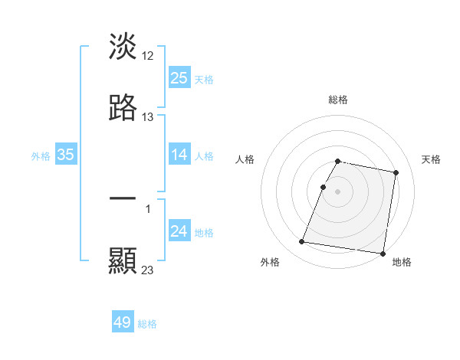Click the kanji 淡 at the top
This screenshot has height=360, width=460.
pos(123,46)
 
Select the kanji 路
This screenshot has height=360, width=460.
pos(123,108)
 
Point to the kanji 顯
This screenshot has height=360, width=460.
pos(123,261)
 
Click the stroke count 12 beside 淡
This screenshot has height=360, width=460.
pos(149,55)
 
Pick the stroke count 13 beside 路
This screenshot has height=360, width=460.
pos(148,117)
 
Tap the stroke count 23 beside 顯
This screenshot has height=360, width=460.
pos(148,270)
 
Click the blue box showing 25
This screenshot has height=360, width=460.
pos(179,78)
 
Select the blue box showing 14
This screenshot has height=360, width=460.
pos(179,155)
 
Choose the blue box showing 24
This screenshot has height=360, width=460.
pos(179,231)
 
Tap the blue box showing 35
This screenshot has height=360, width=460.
pos(66,155)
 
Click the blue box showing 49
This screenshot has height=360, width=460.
pos(123,322)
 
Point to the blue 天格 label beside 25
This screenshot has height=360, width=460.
pos(204,79)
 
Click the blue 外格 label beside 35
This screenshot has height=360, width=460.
pos(41,155)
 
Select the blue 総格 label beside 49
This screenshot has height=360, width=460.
pos(147,323)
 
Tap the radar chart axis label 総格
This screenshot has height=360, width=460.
pos(338,100)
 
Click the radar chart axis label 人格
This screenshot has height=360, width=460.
pos(245,159)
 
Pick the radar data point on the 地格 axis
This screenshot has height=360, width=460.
pos(382,253)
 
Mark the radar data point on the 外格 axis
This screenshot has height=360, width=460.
pos(302,242)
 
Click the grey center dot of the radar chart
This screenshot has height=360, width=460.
pos(338,191)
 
